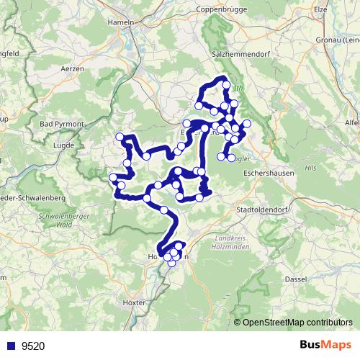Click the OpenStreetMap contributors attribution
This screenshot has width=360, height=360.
coord(299,322)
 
